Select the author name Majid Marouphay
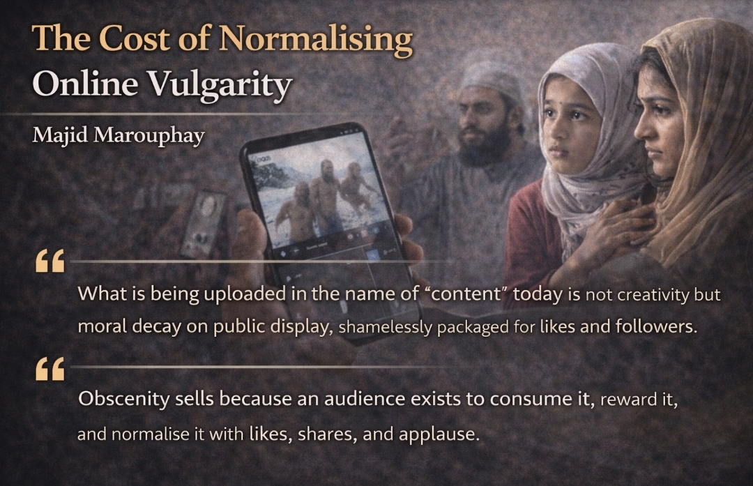[118, 135]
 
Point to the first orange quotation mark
[50, 261]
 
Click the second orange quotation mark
[50, 369]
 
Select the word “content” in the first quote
[465, 294]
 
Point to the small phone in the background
[203, 224]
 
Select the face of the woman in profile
[657, 126]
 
